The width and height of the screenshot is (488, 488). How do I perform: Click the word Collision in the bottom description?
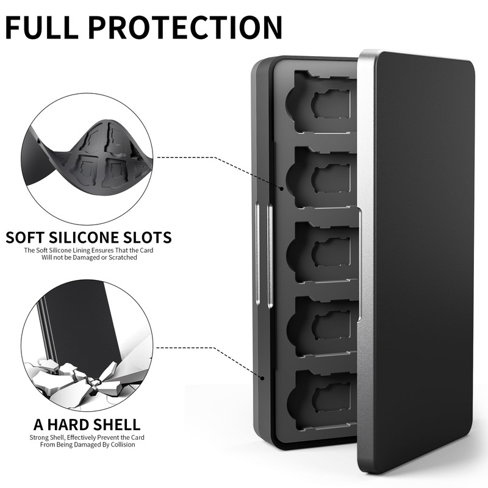[x=123, y=445]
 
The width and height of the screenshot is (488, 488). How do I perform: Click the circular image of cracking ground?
[x=86, y=348]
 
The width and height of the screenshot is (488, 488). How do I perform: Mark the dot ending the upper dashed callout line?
[x=281, y=189]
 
